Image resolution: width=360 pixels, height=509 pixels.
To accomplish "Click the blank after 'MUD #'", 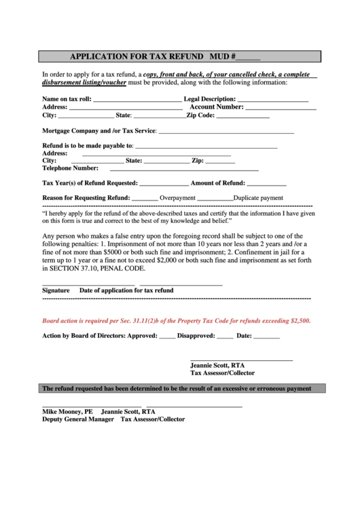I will pos(249,58).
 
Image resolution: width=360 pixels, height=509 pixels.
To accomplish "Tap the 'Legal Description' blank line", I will pos(274,100).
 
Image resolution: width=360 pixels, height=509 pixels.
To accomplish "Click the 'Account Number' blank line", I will pos(281,107).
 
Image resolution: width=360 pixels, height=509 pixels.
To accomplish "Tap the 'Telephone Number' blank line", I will pos(179,169).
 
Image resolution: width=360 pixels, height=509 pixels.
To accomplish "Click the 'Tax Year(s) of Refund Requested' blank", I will pos(164,184).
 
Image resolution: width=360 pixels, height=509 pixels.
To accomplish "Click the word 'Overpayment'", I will pos(177,198).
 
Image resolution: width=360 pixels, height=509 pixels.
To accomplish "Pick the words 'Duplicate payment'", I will pos(258,198).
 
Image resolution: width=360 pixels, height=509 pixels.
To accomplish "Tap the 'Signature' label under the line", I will pos(56,290).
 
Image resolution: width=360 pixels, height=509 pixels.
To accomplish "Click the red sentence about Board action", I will pos(177,321).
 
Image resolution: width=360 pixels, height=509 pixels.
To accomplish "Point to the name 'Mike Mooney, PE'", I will pos(67,412).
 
